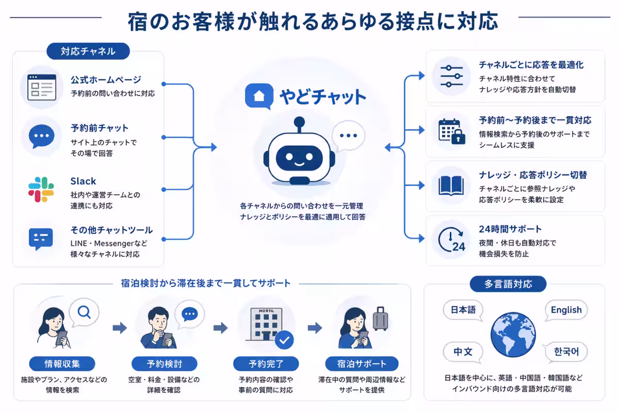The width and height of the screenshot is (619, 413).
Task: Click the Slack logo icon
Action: tap(41, 189)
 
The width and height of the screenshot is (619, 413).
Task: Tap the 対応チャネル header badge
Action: tap(88, 51)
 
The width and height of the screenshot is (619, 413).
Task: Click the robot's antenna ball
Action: tap(299, 122)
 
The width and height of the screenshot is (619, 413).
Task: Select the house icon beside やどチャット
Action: tap(259, 96)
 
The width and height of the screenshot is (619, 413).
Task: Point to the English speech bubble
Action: tap(566, 310)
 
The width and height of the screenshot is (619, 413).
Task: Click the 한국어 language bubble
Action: tap(566, 352)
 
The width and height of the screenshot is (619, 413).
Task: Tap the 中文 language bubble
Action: tap(463, 352)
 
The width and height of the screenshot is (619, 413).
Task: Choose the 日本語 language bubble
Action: tap(463, 310)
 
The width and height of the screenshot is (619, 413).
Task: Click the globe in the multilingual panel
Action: tap(513, 335)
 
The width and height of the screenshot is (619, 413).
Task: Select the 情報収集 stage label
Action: tap(62, 363)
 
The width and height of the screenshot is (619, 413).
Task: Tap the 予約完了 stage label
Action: tap(266, 363)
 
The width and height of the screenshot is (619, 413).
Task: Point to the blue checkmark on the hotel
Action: tap(284, 340)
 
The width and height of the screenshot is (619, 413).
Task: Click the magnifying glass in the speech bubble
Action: tap(84, 312)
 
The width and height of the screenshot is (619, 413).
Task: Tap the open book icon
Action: tap(451, 186)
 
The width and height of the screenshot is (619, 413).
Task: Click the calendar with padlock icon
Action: tap(452, 132)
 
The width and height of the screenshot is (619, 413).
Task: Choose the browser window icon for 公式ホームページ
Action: tap(42, 87)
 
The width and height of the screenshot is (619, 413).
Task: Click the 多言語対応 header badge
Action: tap(508, 284)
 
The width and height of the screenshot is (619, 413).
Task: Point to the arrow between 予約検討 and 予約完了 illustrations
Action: tap(221, 328)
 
